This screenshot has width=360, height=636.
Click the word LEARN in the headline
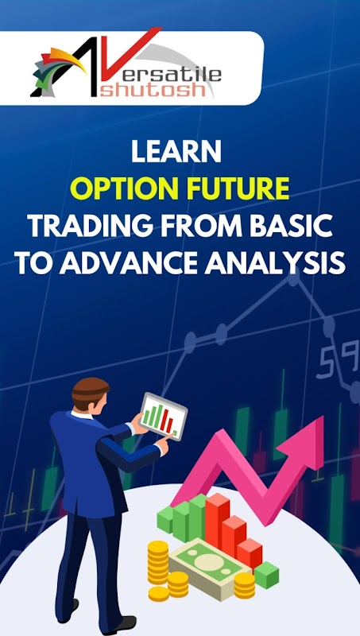pyautogui.click(x=176, y=152)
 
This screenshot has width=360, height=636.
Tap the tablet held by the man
pyautogui.click(x=163, y=416)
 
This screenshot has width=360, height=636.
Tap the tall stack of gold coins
pyautogui.click(x=157, y=562)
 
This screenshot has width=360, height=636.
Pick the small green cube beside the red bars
pyautogui.click(x=266, y=575)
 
